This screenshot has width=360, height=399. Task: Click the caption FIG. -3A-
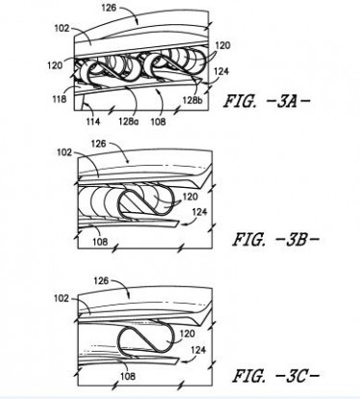(267, 101)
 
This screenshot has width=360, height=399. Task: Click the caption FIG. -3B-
(276, 240)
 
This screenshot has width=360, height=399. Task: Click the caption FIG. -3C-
(276, 376)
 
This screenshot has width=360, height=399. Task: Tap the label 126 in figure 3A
(109, 8)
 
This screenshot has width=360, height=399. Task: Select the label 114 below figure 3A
(93, 121)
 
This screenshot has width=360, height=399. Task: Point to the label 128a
(128, 121)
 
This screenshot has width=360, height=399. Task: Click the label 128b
(193, 100)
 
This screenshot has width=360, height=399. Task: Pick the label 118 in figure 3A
(60, 99)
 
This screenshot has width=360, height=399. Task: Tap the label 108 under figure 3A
(158, 121)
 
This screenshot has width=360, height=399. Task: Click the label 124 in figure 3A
(221, 71)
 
